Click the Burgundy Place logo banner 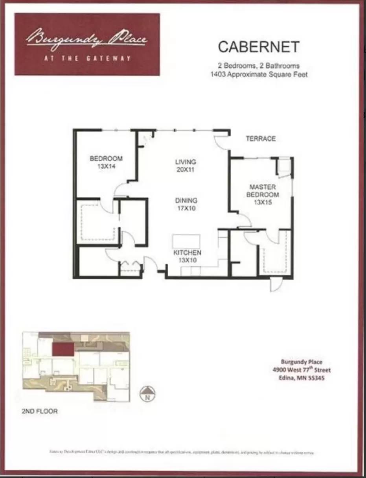pos(87,44)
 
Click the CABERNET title pos(259,47)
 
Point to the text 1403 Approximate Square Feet pos(259,74)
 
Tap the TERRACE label pos(261,138)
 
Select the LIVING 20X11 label pos(186,166)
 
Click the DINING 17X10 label pos(186,204)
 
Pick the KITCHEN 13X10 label pos(187,256)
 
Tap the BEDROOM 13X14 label pos(106,162)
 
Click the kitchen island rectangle pos(186,241)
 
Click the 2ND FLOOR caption pos(39,412)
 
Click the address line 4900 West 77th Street pos(302,370)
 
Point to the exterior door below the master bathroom pos(276,284)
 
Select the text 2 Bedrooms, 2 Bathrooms pos(259,66)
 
